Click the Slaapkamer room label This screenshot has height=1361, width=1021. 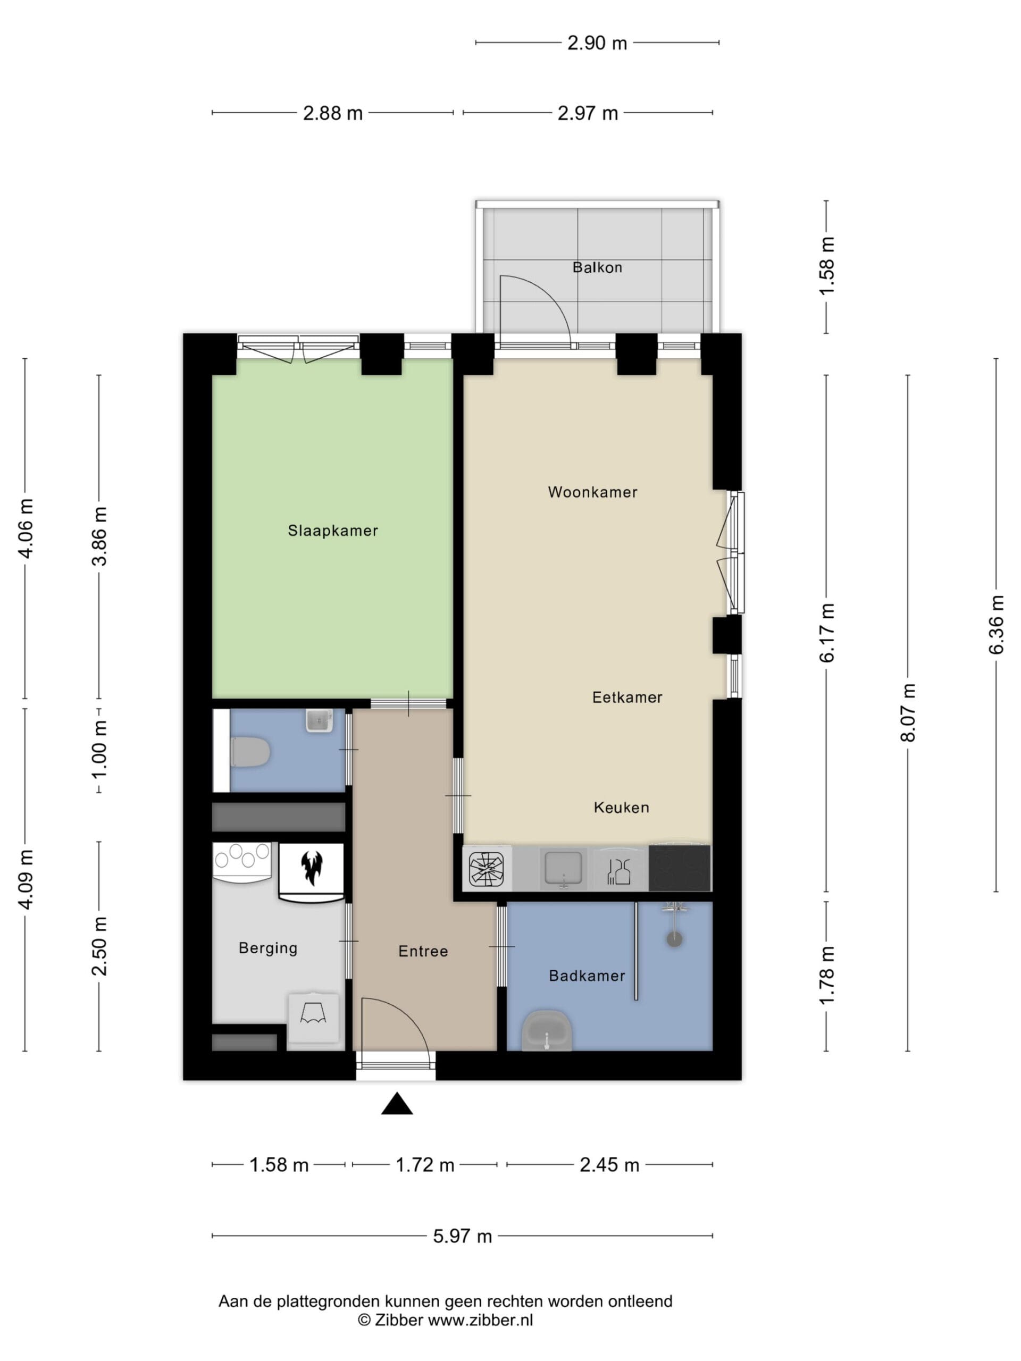[x=332, y=531]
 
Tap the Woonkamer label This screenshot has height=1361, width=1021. [x=592, y=492]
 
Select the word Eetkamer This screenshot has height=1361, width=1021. [x=627, y=697]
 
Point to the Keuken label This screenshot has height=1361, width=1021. [x=621, y=807]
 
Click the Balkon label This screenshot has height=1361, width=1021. [x=597, y=267]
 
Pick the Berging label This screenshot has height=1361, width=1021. [x=267, y=948]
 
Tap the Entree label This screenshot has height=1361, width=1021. [x=423, y=951]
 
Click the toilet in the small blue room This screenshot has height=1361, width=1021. [x=250, y=752]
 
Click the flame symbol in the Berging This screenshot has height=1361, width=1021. [x=312, y=867]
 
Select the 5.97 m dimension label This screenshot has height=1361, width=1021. [x=462, y=1236]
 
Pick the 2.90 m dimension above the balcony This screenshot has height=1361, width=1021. [x=597, y=43]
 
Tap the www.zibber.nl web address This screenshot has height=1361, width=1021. [x=480, y=1319]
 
